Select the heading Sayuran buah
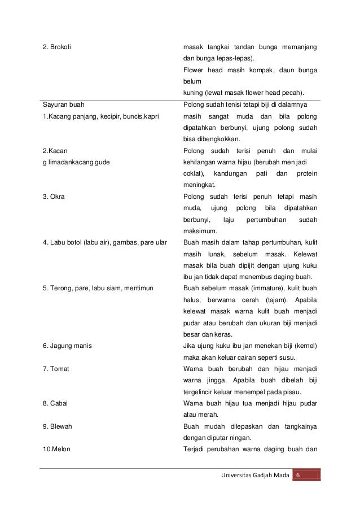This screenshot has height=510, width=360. pyautogui.click(x=61, y=104)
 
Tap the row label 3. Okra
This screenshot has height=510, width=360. pyautogui.click(x=54, y=196)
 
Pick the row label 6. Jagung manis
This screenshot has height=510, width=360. pyautogui.click(x=67, y=345)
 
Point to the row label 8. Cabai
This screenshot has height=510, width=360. pyautogui.click(x=55, y=403)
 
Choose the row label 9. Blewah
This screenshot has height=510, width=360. pyautogui.click(x=58, y=427)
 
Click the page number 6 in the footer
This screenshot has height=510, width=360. pyautogui.click(x=298, y=474)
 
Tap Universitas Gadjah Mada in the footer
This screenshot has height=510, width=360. pyautogui.click(x=254, y=474)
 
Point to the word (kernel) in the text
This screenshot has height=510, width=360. pyautogui.click(x=303, y=345)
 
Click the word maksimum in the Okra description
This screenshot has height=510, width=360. pyautogui.click(x=199, y=231)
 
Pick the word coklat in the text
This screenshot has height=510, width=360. pyautogui.click(x=194, y=173)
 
